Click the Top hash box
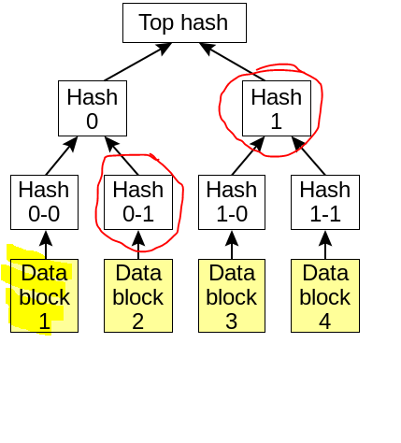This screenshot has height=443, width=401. (x=184, y=22)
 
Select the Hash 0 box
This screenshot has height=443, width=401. (x=93, y=108)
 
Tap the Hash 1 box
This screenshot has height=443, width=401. (x=277, y=108)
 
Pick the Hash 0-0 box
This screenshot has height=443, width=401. (x=44, y=202)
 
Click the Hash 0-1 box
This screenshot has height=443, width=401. (x=138, y=202)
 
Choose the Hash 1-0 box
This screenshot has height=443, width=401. (x=232, y=202)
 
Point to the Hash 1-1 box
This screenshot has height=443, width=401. (x=325, y=202)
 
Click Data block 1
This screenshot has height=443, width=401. (x=44, y=295)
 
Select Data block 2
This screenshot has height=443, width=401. (x=138, y=295)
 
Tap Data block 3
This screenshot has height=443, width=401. (x=232, y=295)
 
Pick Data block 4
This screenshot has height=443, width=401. (x=325, y=295)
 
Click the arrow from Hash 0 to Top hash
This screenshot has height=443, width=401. (x=138, y=62)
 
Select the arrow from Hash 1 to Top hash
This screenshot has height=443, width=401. (x=232, y=62)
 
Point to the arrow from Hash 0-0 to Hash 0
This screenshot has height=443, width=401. (x=62, y=156)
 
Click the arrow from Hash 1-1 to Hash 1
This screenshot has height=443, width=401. (x=308, y=156)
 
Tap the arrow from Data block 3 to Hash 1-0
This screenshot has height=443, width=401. (x=232, y=245)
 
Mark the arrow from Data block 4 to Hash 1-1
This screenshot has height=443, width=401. (x=325, y=245)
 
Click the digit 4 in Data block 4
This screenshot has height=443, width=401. (x=325, y=322)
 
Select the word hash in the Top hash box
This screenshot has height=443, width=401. (x=205, y=22)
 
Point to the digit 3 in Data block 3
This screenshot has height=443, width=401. (x=232, y=322)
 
